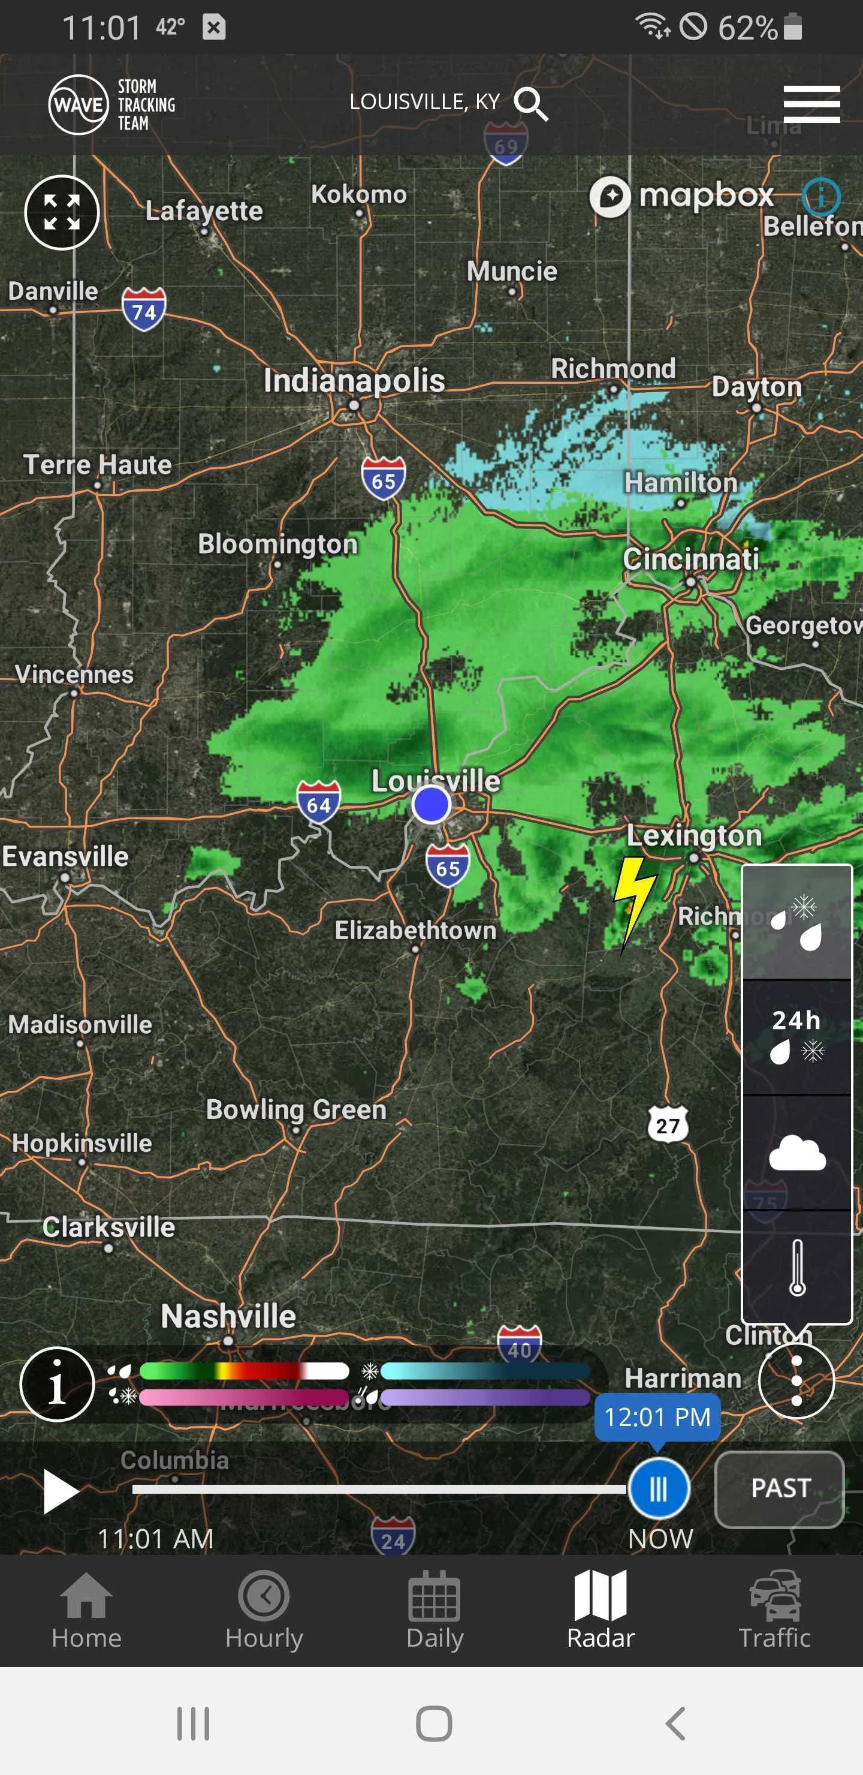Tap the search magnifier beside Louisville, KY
(531, 104)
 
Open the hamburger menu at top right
(811, 104)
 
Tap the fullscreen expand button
(62, 212)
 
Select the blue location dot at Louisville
(431, 804)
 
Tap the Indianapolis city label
(354, 381)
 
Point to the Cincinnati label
(690, 559)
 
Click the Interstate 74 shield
(144, 310)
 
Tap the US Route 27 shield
(668, 1125)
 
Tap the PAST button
(780, 1488)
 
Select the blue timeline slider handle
(659, 1488)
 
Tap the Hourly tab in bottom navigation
(264, 1610)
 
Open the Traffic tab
(774, 1610)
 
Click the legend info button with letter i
(57, 1383)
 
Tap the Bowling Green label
(296, 1109)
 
